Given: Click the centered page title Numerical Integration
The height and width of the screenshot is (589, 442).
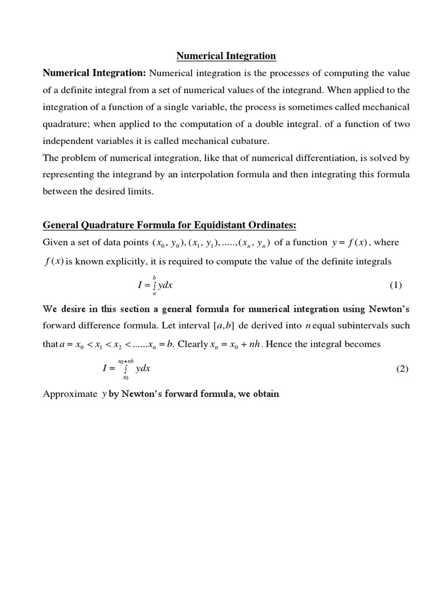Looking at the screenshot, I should [x=226, y=56].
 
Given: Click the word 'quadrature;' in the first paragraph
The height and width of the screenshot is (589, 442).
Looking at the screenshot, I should [x=66, y=124].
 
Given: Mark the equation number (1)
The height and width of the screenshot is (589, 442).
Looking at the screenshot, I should [x=395, y=285].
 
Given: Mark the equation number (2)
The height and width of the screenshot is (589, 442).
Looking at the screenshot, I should [x=402, y=369].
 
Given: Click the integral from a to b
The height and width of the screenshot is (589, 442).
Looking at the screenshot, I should [x=153, y=285].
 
